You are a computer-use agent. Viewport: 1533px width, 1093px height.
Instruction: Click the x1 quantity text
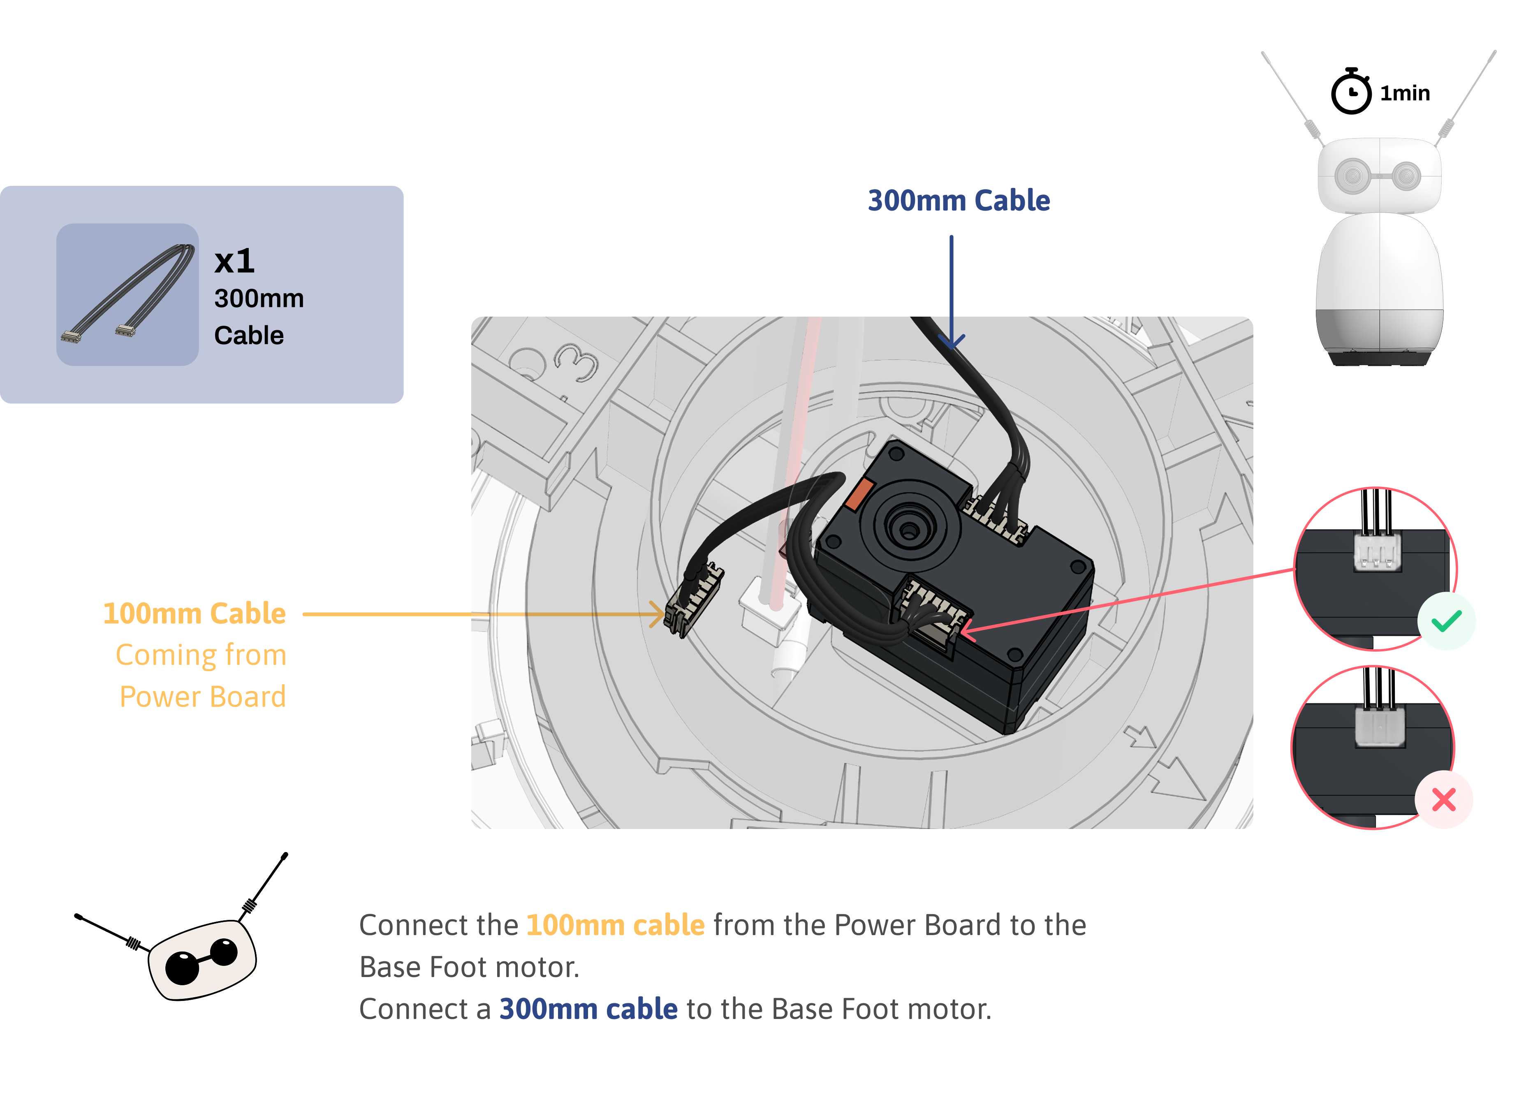point(234,261)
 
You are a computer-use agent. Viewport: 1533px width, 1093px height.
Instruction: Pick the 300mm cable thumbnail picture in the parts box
point(127,295)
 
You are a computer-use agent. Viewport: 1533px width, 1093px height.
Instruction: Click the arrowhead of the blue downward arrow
point(951,342)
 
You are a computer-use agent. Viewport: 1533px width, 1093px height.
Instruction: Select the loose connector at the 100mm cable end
point(693,601)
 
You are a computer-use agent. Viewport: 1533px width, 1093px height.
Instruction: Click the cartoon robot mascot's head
point(202,959)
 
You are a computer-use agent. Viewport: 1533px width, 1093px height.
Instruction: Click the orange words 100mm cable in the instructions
point(615,925)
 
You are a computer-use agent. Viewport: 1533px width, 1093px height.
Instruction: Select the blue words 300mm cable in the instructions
point(588,1009)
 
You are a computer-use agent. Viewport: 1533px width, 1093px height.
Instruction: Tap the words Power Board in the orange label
point(203,697)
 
